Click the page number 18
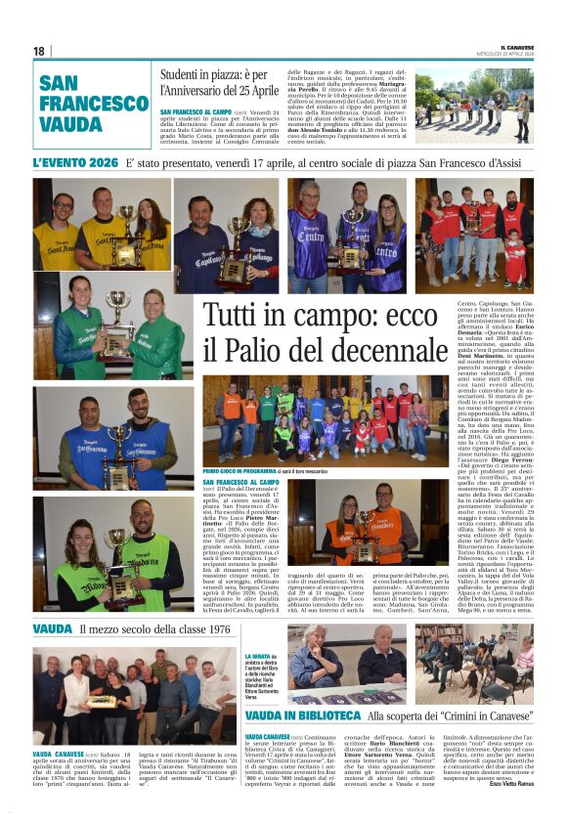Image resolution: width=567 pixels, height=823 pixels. pos(39,51)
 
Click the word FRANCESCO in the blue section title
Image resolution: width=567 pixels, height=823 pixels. pos(94,103)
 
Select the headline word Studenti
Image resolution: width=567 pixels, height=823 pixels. pos(188,75)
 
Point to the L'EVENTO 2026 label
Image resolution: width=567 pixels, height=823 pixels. pos(75,162)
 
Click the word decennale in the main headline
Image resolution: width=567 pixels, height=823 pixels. pos(366,349)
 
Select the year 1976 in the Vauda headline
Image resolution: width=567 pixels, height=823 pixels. pos(215,629)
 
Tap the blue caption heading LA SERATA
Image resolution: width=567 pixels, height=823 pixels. pos(258,657)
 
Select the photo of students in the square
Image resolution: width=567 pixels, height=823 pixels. pos(473,105)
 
